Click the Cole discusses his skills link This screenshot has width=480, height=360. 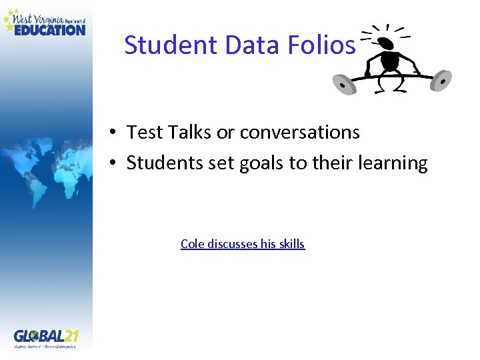click(x=242, y=244)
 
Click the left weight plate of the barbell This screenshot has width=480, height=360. click(x=343, y=85)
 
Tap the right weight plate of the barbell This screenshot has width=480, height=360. click(x=441, y=81)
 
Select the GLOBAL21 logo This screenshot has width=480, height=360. click(x=45, y=337)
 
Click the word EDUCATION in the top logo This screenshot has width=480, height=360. click(x=50, y=29)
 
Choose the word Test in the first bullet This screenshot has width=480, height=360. click(x=140, y=133)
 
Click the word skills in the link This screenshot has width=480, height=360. click(x=291, y=244)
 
